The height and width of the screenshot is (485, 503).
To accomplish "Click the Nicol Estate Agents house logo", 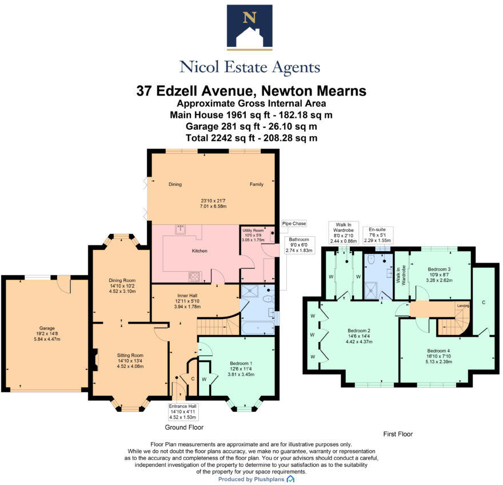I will point(250,27).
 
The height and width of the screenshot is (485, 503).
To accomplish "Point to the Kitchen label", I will point(199,251).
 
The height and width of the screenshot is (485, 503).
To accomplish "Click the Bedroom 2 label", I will point(360,330).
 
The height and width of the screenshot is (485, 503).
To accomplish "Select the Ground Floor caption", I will point(184,427).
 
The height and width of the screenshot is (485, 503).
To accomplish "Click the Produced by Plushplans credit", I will point(256,479).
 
